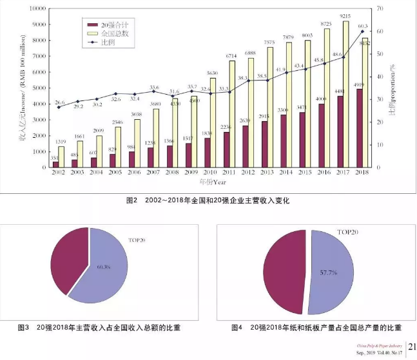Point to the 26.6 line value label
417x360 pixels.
(59, 102)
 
